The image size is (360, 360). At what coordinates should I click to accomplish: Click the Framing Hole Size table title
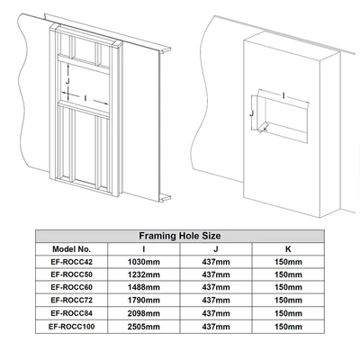pyautogui.click(x=180, y=236)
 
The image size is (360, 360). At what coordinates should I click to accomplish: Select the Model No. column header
pyautogui.click(x=71, y=249)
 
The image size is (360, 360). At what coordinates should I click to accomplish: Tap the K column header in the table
pyautogui.click(x=288, y=249)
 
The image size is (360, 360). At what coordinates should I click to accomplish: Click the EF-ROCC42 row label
pyautogui.click(x=72, y=262)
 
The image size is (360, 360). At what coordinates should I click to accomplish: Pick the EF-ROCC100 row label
pyautogui.click(x=72, y=327)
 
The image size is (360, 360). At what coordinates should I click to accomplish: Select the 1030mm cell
pyautogui.click(x=144, y=262)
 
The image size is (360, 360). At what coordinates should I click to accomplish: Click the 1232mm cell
pyautogui.click(x=144, y=274)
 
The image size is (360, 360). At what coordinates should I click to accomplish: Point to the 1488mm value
pyautogui.click(x=144, y=287)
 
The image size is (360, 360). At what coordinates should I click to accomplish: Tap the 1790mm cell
pyautogui.click(x=144, y=301)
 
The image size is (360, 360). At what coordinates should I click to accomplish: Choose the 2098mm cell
pyautogui.click(x=144, y=313)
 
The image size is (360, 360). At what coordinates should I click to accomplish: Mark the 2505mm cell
pyautogui.click(x=144, y=327)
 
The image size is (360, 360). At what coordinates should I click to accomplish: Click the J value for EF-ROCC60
pyautogui.click(x=216, y=287)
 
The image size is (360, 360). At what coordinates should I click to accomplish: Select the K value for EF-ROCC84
pyautogui.click(x=288, y=313)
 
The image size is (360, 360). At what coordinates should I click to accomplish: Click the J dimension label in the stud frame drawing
pyautogui.click(x=67, y=81)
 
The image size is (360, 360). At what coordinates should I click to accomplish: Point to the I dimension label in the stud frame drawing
pyautogui.click(x=85, y=98)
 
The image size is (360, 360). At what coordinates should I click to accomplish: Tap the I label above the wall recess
pyautogui.click(x=283, y=95)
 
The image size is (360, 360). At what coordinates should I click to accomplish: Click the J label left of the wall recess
pyautogui.click(x=252, y=113)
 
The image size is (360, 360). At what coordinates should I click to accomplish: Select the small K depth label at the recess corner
pyautogui.click(x=265, y=129)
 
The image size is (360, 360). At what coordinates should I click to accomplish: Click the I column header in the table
pyautogui.click(x=144, y=249)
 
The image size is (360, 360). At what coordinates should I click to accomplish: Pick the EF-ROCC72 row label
pyautogui.click(x=72, y=301)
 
